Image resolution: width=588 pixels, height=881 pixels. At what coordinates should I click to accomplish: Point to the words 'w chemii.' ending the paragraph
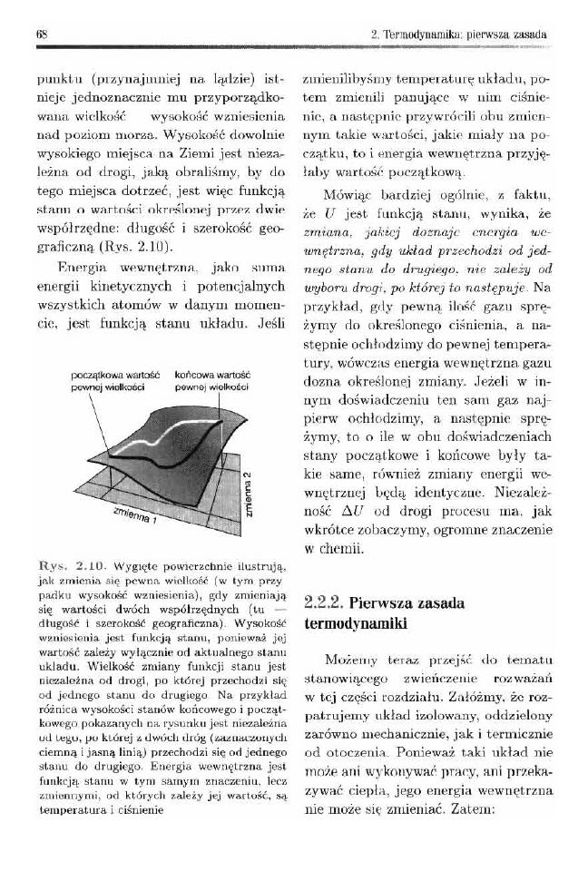(x=332, y=548)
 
